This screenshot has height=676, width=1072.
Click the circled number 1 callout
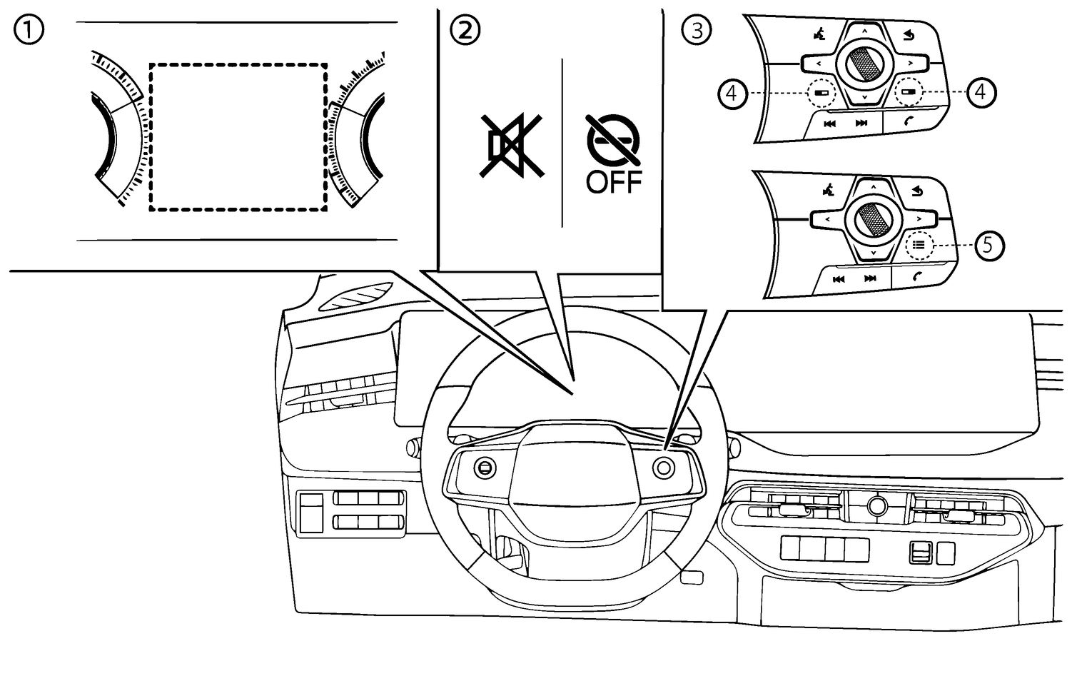pos(30,30)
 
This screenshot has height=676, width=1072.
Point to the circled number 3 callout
pos(697,30)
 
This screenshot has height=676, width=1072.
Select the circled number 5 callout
pos(988,245)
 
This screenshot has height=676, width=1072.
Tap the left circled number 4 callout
pos(733,93)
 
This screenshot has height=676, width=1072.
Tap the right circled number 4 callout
pos(981,92)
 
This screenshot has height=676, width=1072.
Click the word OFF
pos(613,183)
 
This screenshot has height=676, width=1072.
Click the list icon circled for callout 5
pos(919,245)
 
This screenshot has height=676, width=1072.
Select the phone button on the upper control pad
pos(909,122)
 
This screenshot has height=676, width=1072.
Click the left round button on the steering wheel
pos(485,468)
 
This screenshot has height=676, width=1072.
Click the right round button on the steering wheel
pos(664,468)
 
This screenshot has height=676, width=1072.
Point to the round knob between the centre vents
pos(876,505)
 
